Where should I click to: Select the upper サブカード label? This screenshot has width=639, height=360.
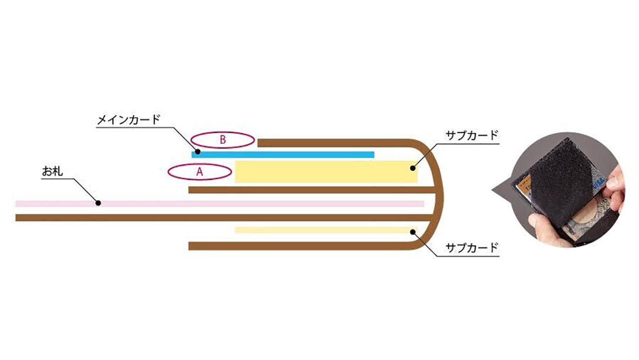472,136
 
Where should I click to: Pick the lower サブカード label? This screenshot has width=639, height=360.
472,247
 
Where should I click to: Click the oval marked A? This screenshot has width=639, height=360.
200,172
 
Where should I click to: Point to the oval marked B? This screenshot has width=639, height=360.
223,140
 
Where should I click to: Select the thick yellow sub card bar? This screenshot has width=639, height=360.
324,172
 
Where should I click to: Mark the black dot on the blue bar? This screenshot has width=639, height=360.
198,151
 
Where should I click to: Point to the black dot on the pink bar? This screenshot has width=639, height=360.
98,203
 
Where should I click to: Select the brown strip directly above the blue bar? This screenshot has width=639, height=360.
339,143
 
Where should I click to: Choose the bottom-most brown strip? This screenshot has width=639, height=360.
300,246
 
